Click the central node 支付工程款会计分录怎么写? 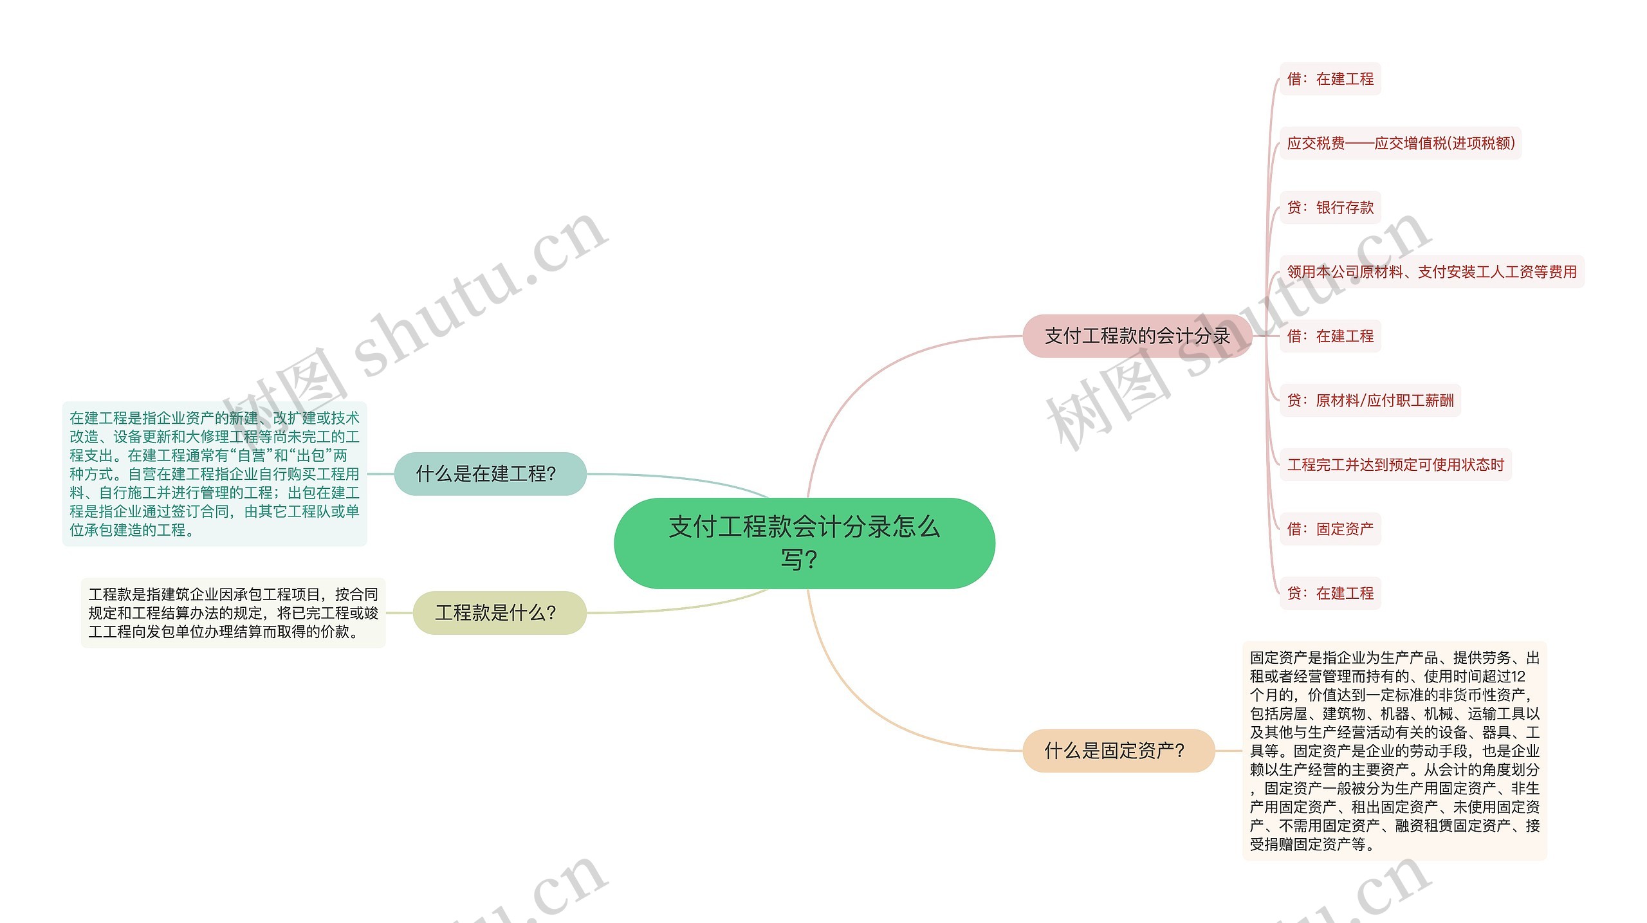tap(804, 543)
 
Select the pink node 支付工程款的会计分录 tap(1136, 336)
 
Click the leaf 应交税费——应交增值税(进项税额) tap(1400, 143)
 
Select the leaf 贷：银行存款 tap(1330, 208)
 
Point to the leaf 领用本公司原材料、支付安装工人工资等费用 tap(1431, 272)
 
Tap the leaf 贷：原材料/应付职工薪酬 tap(1370, 401)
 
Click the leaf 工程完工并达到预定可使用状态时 tap(1395, 465)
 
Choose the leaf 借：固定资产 tap(1330, 529)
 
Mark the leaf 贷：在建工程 tap(1330, 594)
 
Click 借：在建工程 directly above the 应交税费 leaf tap(1330, 79)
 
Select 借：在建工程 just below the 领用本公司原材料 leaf tap(1330, 336)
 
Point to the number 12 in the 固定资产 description tap(1518, 677)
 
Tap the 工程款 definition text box tap(233, 613)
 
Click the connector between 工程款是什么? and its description tap(399, 613)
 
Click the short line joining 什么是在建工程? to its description tap(380, 474)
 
